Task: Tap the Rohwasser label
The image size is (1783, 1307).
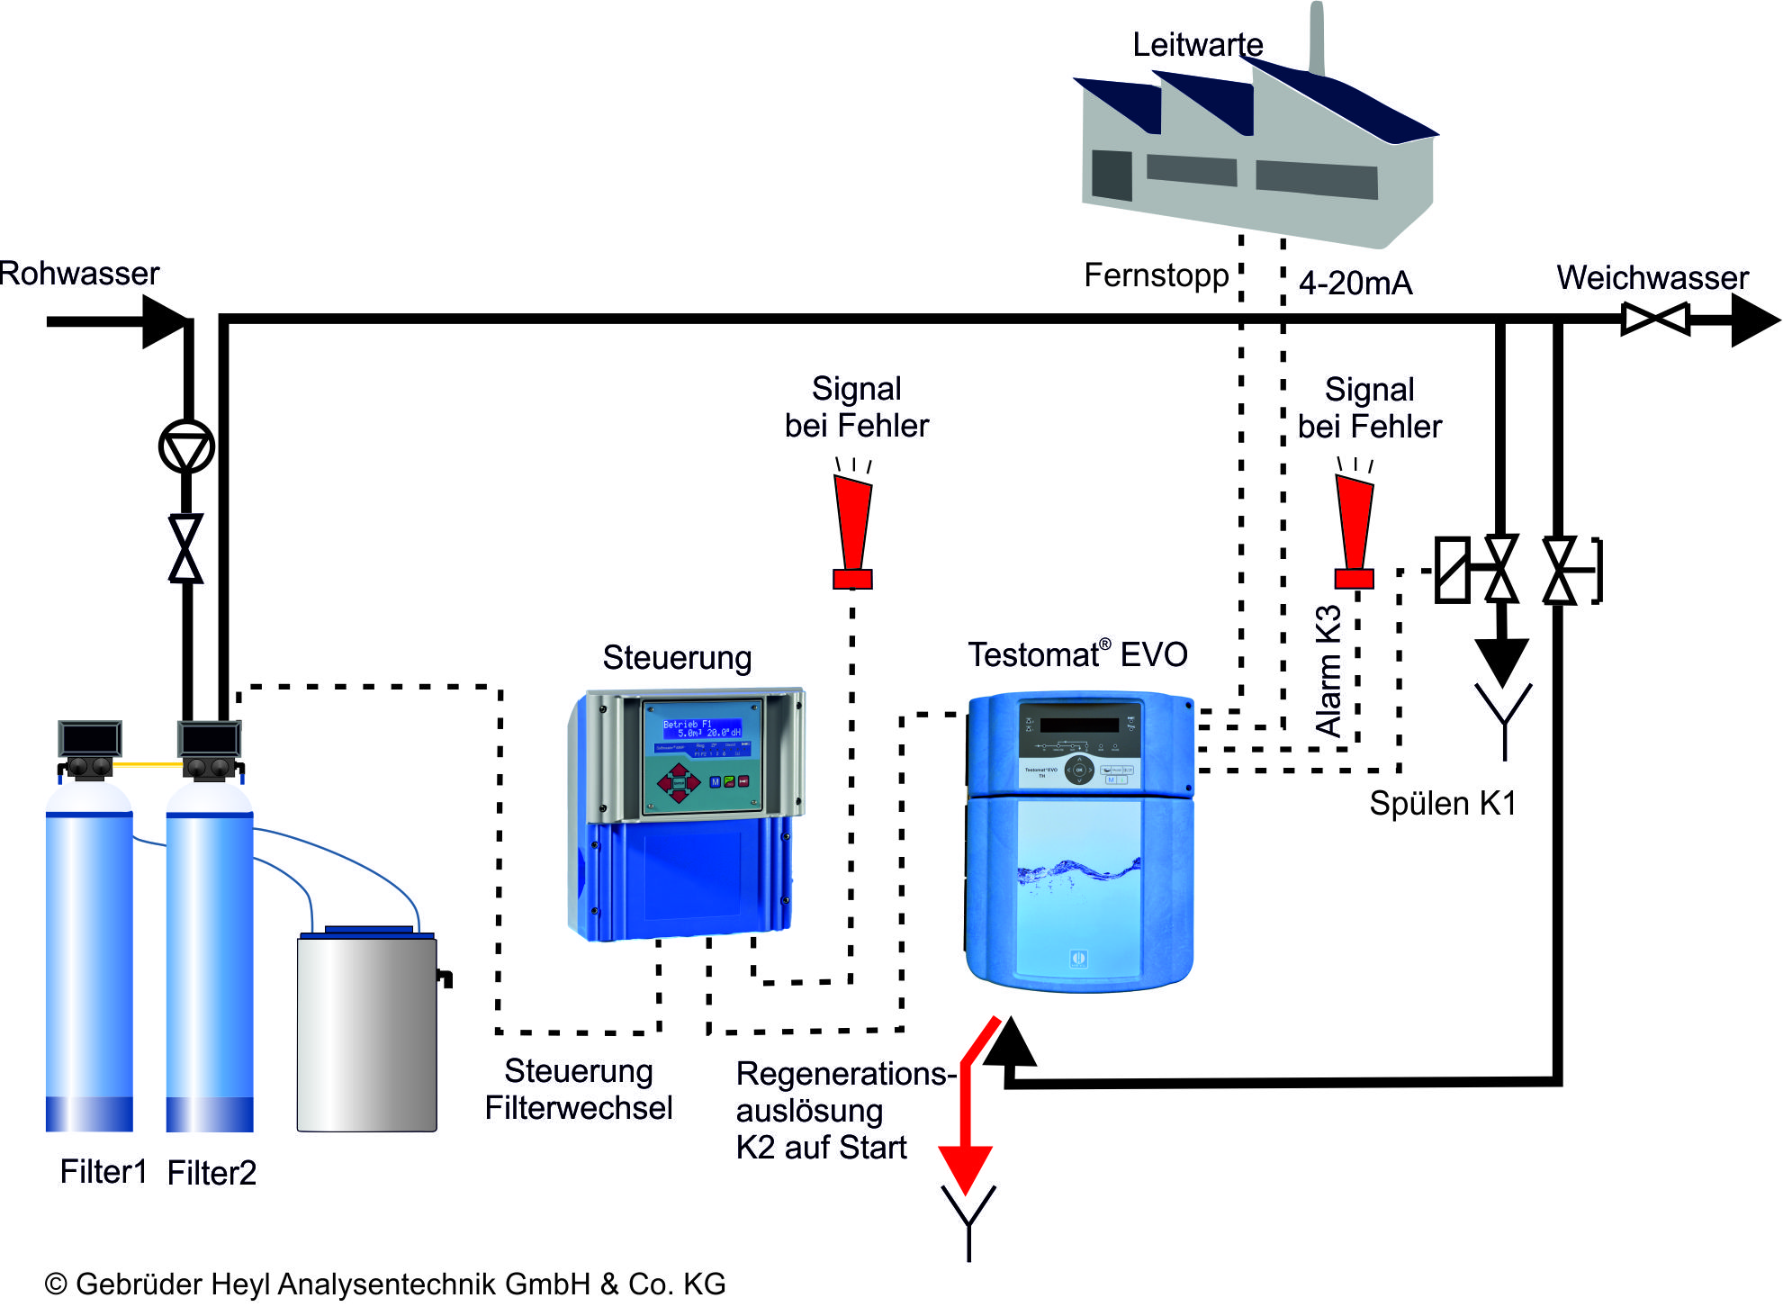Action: [79, 273]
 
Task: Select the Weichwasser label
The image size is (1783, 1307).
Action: [1652, 277]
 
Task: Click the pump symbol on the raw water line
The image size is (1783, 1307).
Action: [186, 446]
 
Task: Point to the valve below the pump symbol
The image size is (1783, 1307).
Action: [186, 548]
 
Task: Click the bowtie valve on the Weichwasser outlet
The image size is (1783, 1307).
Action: [1655, 319]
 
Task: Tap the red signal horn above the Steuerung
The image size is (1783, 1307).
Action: [852, 531]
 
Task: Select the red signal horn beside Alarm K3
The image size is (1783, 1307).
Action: [1355, 531]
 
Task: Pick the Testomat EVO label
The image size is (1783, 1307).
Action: [1077, 654]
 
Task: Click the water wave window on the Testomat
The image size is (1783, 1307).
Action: [1078, 887]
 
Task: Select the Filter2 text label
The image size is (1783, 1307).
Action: [212, 1173]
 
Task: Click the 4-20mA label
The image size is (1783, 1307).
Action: [1355, 284]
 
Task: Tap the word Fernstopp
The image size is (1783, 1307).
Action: [1156, 275]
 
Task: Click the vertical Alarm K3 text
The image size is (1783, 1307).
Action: [1328, 672]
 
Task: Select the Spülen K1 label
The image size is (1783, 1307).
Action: [1443, 803]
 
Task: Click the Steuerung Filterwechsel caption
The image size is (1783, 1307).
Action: [579, 1089]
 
